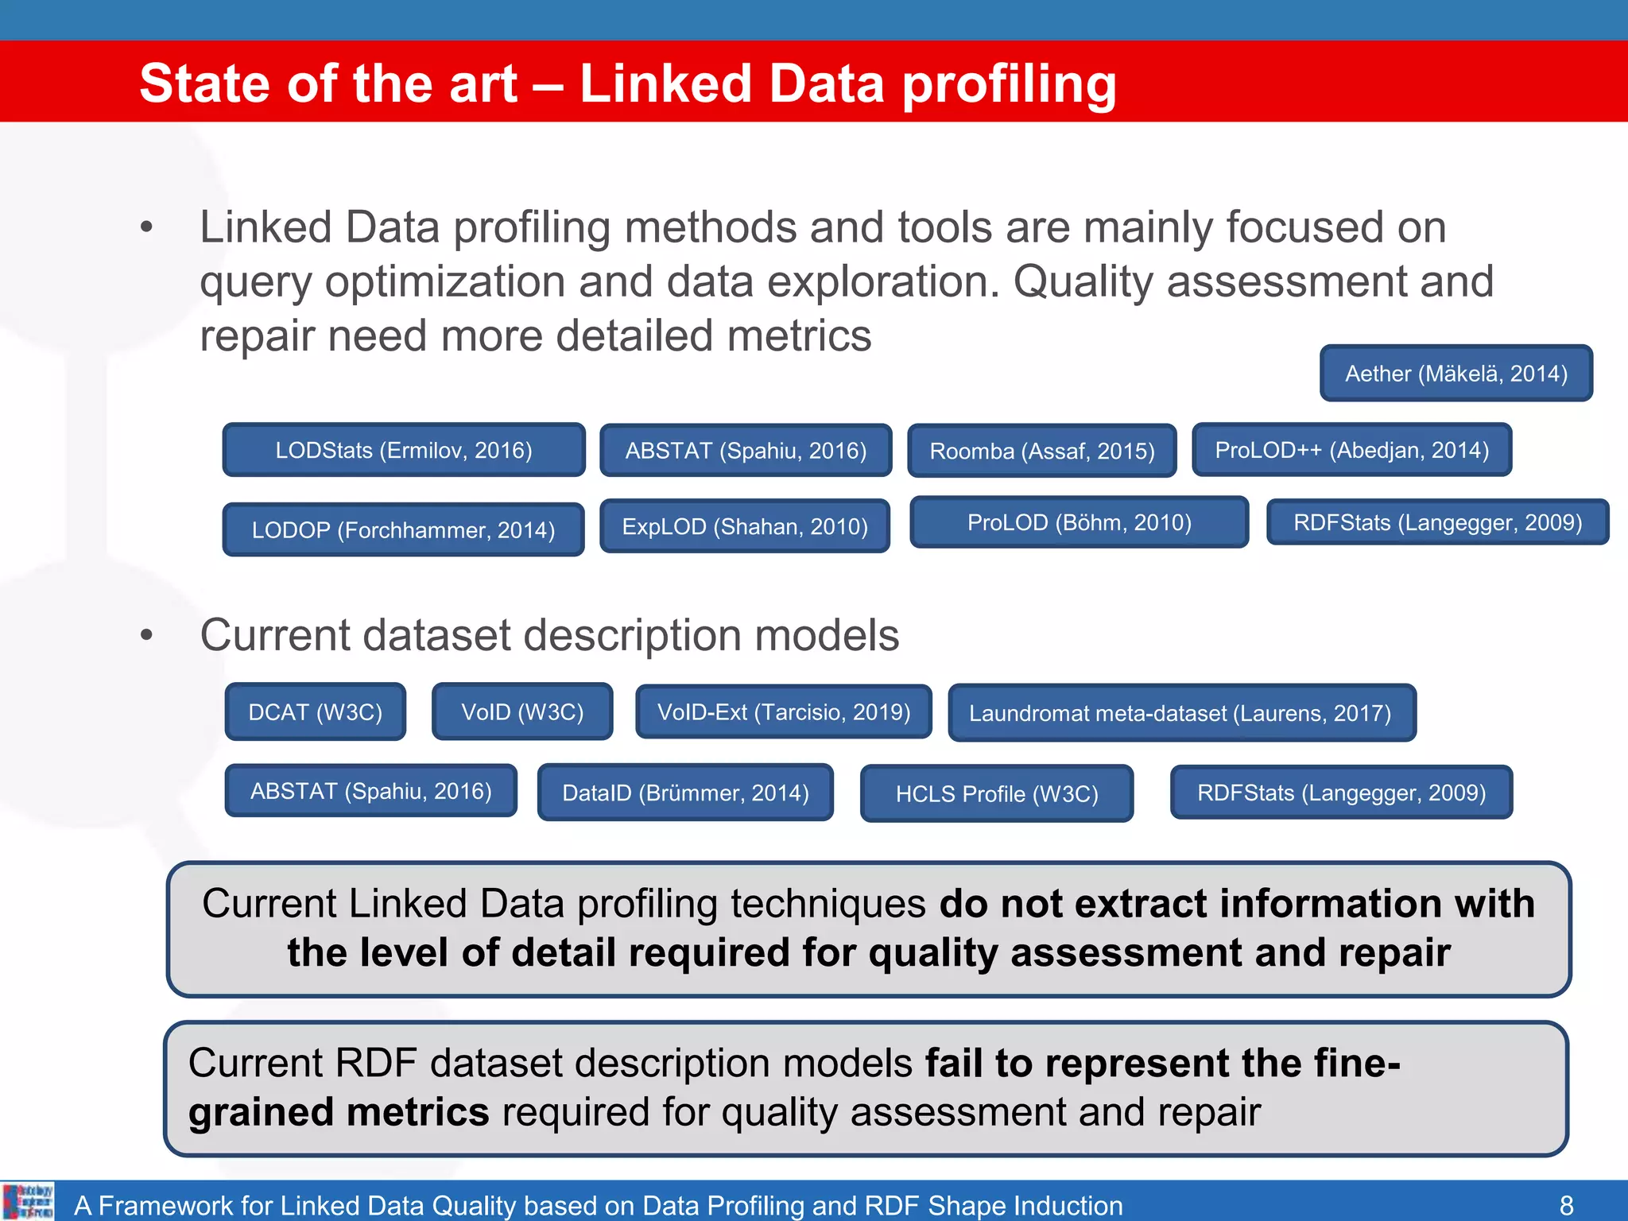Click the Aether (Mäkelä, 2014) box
(x=1456, y=373)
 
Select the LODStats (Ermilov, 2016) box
(x=404, y=450)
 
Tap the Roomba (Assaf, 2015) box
(x=1041, y=451)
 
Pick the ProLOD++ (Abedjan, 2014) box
(x=1351, y=450)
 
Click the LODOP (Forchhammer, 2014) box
(x=403, y=529)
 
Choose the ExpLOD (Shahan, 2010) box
(x=744, y=526)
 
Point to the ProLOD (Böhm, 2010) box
(x=1079, y=522)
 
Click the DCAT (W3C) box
(x=315, y=711)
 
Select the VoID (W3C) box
(x=522, y=711)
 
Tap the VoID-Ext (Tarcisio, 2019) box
(x=783, y=711)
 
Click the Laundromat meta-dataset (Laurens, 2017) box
(x=1181, y=713)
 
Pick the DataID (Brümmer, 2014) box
(x=685, y=793)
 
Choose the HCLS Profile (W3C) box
(x=997, y=793)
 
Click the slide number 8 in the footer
(x=1566, y=1205)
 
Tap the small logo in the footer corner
(x=29, y=1201)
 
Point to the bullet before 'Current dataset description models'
(x=146, y=635)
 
